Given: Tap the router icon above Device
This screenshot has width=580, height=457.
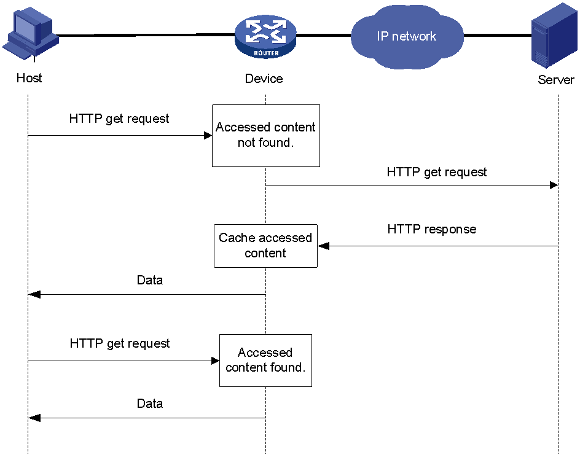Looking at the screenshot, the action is pos(265,37).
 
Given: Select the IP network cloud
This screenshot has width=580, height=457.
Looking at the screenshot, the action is pos(407,37).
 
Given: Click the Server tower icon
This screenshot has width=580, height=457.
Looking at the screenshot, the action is pos(554,36).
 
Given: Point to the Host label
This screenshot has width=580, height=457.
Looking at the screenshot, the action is pos(29,78).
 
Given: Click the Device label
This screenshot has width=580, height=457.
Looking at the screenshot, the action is pos(264,79).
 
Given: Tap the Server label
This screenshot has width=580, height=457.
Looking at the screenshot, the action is pos(556,80).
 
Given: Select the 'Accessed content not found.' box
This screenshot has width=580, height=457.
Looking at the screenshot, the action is pos(266,136).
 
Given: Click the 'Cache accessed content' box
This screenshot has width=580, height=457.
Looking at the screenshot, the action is pos(265,246).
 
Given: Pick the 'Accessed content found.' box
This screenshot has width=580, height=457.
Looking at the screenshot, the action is pos(265,361).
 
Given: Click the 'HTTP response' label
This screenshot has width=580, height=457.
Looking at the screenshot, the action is pos(432,229).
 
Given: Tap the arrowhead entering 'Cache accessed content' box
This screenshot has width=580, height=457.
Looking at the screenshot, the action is pos(323,246).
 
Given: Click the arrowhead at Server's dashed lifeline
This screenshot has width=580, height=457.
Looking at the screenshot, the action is pos(554,185).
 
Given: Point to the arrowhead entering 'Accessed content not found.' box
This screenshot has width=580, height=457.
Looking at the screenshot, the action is pos(208,136).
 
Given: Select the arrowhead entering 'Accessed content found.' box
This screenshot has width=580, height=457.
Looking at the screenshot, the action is pos(215,361).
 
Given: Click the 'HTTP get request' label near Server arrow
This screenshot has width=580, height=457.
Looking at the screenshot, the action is pos(436,173).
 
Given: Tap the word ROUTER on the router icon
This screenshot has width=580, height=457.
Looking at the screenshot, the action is pos(266,53).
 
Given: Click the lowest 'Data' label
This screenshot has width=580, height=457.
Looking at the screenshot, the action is pos(150,404).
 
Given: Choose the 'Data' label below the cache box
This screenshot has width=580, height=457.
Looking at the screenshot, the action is pos(150,280).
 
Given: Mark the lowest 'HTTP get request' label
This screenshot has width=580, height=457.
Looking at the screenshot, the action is pos(120,343).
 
